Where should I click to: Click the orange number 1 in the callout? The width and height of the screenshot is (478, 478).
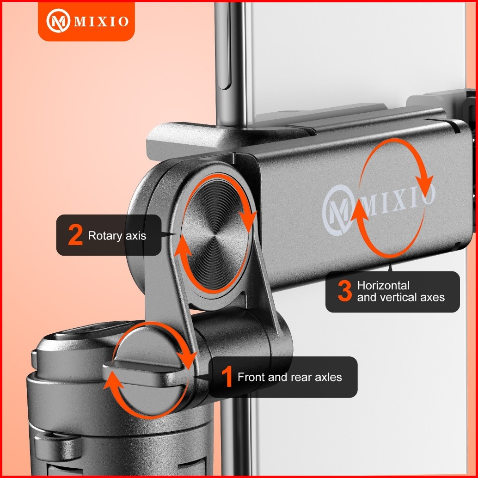tap(227, 377)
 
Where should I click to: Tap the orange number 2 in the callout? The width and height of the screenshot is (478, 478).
tap(75, 235)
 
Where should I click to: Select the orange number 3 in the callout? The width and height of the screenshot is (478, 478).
tap(345, 291)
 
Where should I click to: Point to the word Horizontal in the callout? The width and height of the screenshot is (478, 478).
tap(383, 286)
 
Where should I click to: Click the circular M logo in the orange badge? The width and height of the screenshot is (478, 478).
tap(58, 21)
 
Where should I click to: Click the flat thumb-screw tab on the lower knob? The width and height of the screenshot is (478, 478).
tap(147, 373)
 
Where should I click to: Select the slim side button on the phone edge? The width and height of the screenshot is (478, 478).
tap(225, 46)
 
